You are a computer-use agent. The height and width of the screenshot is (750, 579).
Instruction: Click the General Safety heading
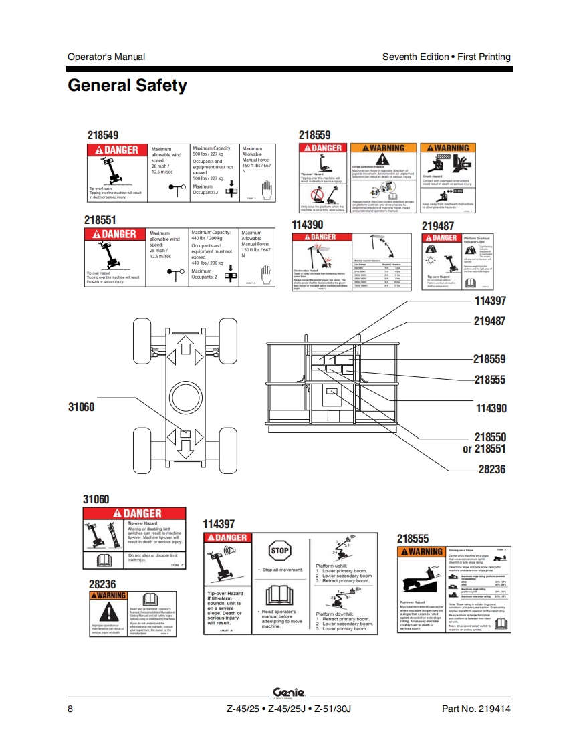tap(127, 86)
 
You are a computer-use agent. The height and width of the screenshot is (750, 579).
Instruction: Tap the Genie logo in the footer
tap(289, 693)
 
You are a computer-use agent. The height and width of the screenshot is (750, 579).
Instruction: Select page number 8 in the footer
tap(70, 709)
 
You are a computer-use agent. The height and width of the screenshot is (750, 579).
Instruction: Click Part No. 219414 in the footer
tap(476, 709)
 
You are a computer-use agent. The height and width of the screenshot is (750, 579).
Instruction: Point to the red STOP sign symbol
tap(279, 551)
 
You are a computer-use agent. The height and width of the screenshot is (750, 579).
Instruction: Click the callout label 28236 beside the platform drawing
tap(492, 469)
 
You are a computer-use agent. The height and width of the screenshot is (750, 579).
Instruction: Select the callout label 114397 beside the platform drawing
tap(490, 301)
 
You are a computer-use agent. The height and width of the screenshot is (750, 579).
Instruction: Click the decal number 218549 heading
tap(103, 135)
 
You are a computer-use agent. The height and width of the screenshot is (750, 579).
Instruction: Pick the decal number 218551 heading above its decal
tap(100, 219)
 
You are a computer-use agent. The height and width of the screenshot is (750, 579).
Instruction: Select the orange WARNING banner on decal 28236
tap(108, 595)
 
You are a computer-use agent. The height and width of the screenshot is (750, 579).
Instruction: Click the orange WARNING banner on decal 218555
tap(421, 552)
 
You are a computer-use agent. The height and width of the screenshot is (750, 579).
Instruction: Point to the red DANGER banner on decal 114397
tap(227, 538)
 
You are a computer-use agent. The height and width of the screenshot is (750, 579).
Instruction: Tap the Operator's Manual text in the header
tap(106, 57)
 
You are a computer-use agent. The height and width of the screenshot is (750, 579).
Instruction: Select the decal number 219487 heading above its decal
tap(439, 226)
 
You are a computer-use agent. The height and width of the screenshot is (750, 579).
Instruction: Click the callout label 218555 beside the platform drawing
tap(490, 380)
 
